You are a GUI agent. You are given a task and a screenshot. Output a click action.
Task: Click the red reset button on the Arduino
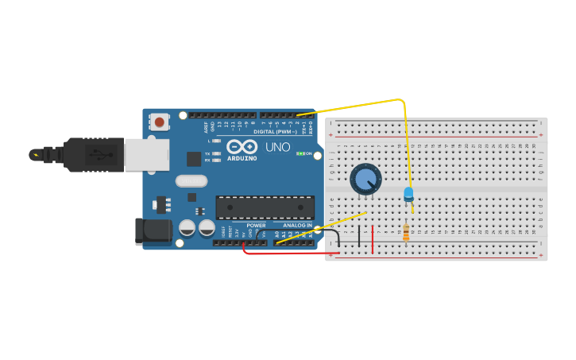pyautogui.click(x=160, y=122)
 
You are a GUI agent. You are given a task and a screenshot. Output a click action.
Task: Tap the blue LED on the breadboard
pyautogui.click(x=408, y=193)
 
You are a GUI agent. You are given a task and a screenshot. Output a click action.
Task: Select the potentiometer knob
pyautogui.click(x=365, y=179)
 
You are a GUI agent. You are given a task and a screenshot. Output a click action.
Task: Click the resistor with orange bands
pyautogui.click(x=406, y=232)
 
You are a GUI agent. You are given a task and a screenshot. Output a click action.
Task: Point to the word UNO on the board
pyautogui.click(x=277, y=147)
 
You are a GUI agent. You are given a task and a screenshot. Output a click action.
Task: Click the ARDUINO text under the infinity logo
pyautogui.click(x=241, y=157)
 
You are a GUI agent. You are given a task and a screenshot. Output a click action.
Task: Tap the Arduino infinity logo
pyautogui.click(x=241, y=146)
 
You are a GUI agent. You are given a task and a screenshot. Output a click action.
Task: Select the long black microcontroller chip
pyautogui.click(x=265, y=207)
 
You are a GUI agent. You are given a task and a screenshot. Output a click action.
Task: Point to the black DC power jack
pyautogui.click(x=153, y=230)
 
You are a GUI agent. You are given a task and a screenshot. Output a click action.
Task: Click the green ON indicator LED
pyautogui.click(x=300, y=153)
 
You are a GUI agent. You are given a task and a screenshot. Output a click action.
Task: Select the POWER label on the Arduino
pyautogui.click(x=256, y=225)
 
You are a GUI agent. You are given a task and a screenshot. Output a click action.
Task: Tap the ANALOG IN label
pyautogui.click(x=297, y=225)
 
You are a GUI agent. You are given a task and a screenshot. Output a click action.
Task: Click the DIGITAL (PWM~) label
pyautogui.click(x=275, y=131)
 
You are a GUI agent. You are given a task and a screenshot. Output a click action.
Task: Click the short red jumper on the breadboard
pyautogui.click(x=372, y=238)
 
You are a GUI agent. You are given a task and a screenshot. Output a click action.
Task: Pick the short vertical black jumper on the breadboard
pyautogui.click(x=358, y=236)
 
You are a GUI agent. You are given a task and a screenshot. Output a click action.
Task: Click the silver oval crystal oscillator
pyautogui.click(x=191, y=180)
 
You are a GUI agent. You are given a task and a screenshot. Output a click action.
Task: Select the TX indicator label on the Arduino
pyautogui.click(x=207, y=153)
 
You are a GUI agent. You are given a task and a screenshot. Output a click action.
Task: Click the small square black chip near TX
pyautogui.click(x=194, y=158)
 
